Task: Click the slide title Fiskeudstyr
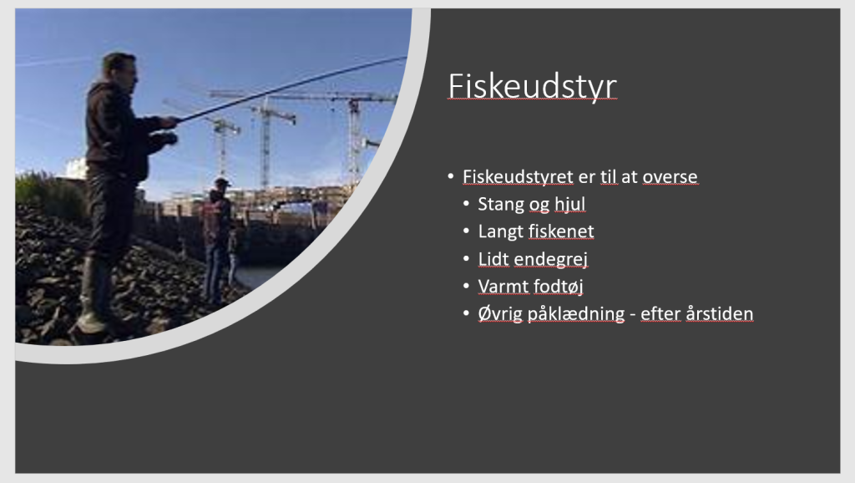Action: click(x=532, y=86)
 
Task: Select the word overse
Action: click(x=670, y=177)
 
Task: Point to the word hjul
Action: click(x=569, y=205)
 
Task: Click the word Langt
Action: click(x=501, y=232)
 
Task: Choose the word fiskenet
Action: click(x=561, y=231)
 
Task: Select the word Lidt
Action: click(x=493, y=259)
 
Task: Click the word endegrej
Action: click(x=551, y=259)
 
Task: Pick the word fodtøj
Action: click(x=557, y=287)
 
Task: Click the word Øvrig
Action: click(x=501, y=314)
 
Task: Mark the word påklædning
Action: click(x=576, y=314)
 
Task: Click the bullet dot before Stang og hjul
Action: click(x=466, y=204)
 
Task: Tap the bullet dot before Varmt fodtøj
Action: click(x=466, y=286)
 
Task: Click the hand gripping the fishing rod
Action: click(x=170, y=122)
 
